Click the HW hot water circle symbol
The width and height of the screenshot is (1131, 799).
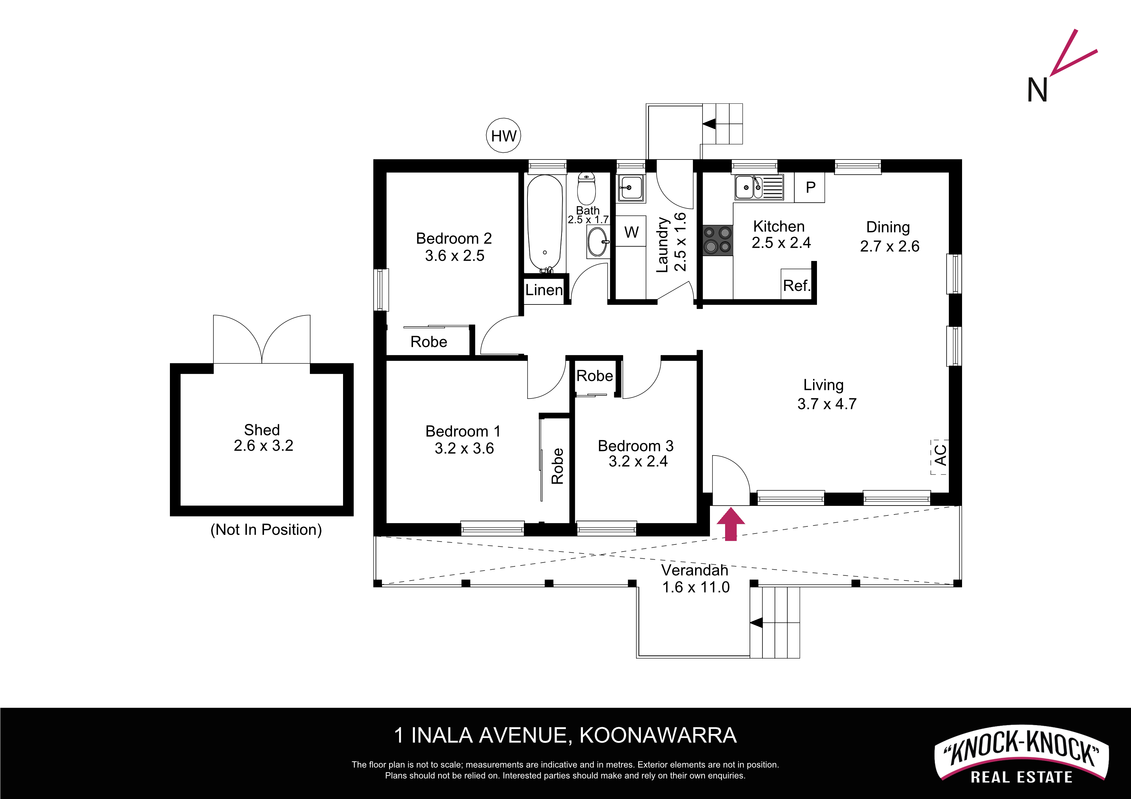503,135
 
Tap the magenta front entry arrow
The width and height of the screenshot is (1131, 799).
731,524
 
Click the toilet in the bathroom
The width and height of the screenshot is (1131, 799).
586,188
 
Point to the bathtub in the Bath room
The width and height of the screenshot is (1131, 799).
545,223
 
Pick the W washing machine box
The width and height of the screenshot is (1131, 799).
631,231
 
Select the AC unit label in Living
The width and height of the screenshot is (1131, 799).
940,455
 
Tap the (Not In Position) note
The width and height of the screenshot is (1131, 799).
266,529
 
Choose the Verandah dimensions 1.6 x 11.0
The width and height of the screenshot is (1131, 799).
695,587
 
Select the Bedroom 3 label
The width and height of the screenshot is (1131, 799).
635,446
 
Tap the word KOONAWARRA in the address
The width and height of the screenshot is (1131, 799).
658,736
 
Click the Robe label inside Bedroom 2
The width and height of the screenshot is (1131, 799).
428,342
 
